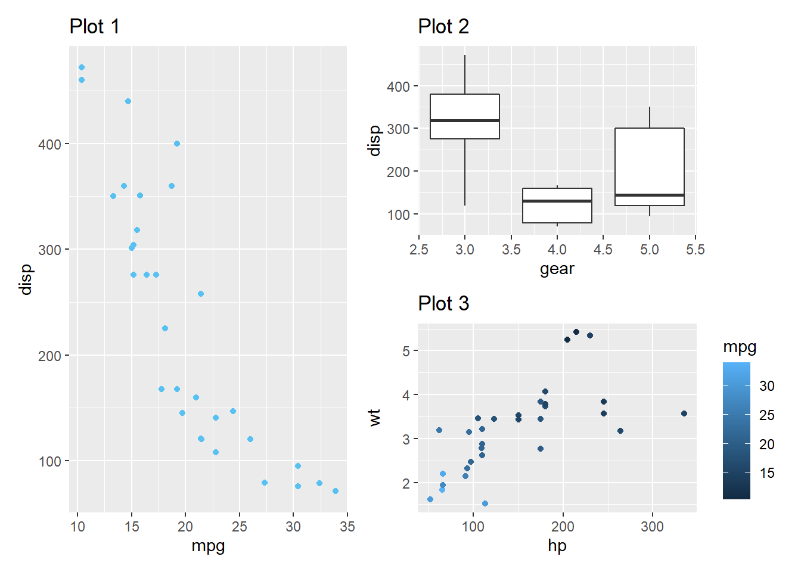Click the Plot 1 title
[x=94, y=27]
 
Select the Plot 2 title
[x=443, y=27]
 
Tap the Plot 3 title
[x=443, y=304]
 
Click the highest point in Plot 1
[x=82, y=67]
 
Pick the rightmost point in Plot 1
[x=336, y=491]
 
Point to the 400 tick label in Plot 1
[x=49, y=144]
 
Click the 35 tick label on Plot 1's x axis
[x=347, y=527]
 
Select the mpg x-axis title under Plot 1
[x=208, y=546]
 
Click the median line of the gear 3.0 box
[x=465, y=120]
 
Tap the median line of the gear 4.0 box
[x=557, y=201]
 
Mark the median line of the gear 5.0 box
[x=650, y=195]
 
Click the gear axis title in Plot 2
[x=557, y=269]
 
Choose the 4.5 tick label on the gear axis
[x=603, y=250]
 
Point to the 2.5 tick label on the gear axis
[x=419, y=250]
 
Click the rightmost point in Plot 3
[x=684, y=414]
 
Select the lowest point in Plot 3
[x=485, y=503]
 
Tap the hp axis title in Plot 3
[x=557, y=546]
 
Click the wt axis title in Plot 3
[x=374, y=417]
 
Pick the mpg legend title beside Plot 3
[x=740, y=347]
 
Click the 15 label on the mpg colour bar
[x=767, y=473]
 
